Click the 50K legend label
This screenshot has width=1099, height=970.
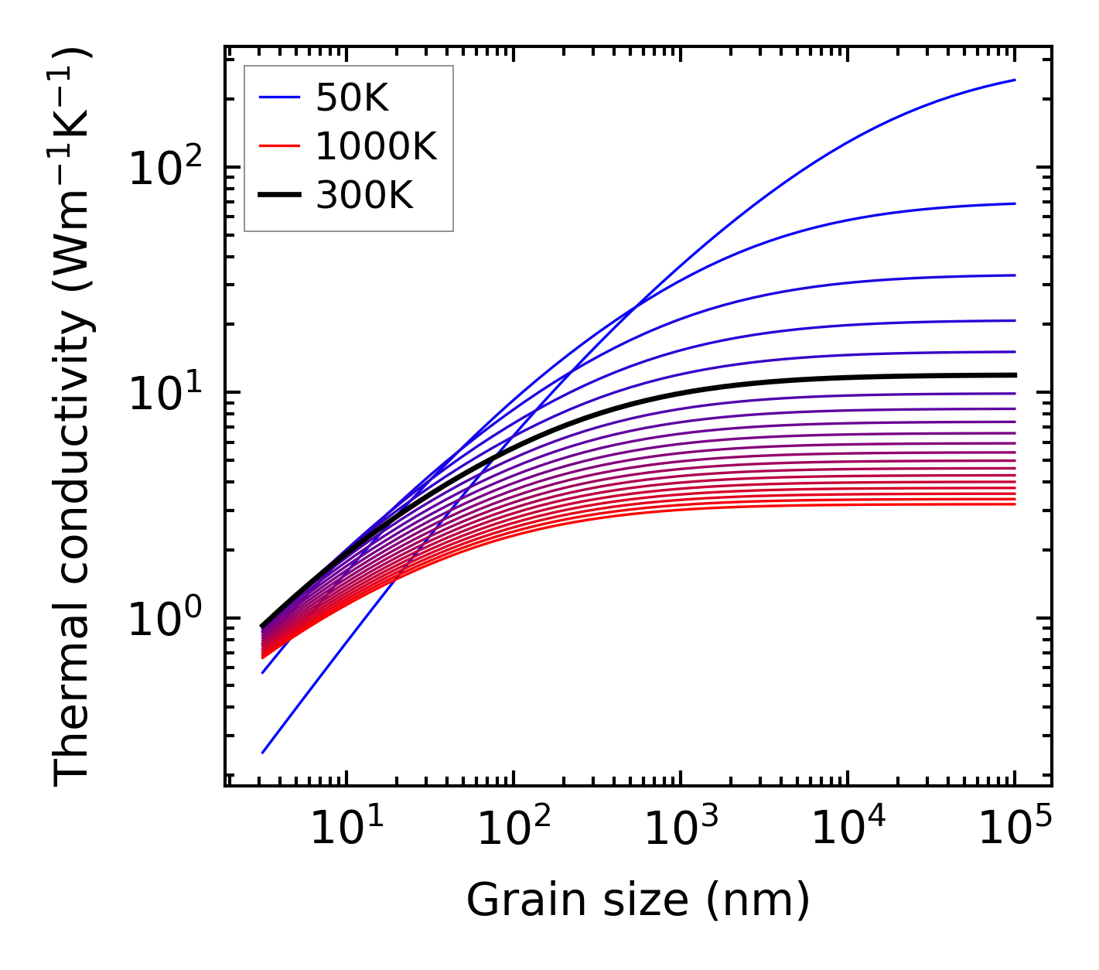coord(352,97)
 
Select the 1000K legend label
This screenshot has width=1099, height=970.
coord(376,146)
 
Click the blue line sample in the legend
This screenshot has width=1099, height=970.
coord(279,97)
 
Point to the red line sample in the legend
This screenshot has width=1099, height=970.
coord(279,146)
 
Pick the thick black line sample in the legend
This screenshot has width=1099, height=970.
coord(279,196)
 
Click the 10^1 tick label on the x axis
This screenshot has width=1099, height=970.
coord(346,829)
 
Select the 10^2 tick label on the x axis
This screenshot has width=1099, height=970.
coord(514,829)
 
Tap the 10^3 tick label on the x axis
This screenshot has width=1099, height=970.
coord(681,829)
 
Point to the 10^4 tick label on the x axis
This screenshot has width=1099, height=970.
coord(848,829)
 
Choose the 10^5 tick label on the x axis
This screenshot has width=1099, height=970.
coord(1015,829)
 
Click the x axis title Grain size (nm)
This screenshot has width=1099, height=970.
coord(638,900)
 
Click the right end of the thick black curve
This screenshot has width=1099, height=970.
coord(1015,375)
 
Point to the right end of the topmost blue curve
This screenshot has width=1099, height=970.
coord(1015,80)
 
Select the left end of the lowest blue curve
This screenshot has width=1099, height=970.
coord(263,753)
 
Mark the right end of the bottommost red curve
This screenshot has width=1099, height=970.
coord(1015,504)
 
